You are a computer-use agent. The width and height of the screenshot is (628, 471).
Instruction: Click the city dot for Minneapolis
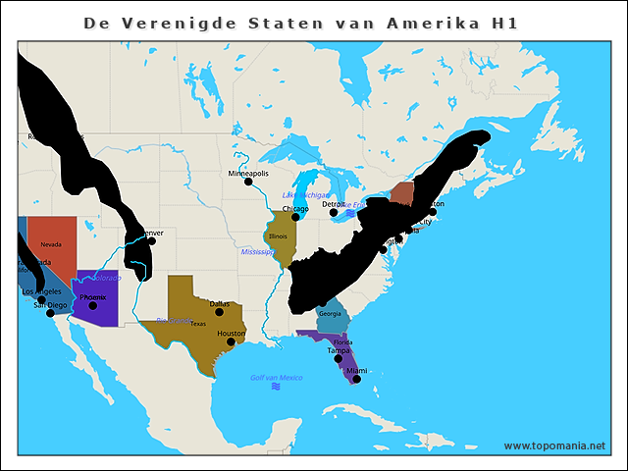click(x=248, y=182)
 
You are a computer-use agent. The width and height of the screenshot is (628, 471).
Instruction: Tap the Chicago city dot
click(x=295, y=217)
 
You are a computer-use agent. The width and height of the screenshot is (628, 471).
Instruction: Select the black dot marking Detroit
click(x=334, y=212)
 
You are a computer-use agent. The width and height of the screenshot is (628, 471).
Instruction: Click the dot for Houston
click(x=232, y=342)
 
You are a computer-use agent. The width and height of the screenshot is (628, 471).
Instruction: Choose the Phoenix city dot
click(x=93, y=305)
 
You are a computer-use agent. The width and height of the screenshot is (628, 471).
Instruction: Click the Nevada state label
click(x=51, y=243)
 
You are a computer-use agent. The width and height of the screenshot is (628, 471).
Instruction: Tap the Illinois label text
click(x=278, y=236)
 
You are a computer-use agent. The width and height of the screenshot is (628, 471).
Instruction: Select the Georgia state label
click(x=330, y=314)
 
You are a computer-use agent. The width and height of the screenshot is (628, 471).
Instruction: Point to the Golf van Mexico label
click(x=276, y=378)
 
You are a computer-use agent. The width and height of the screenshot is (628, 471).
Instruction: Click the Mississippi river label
click(x=257, y=252)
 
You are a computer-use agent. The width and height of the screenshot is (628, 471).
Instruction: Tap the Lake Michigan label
click(x=306, y=195)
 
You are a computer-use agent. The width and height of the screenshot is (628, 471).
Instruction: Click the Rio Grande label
click(x=172, y=320)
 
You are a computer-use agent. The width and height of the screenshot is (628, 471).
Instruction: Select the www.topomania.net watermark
click(x=554, y=445)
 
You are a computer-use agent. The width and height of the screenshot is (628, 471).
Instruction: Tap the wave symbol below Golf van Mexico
click(x=276, y=388)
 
